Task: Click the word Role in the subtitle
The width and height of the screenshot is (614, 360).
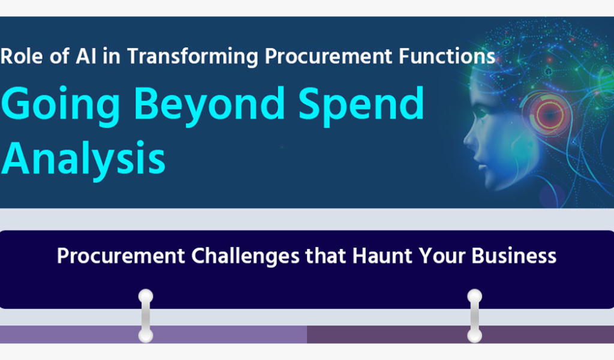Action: [x=22, y=56]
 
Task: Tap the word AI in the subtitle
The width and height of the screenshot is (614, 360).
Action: [x=86, y=56]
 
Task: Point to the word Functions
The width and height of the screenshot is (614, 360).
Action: [x=447, y=56]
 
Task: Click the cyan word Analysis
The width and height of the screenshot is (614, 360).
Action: [x=83, y=159]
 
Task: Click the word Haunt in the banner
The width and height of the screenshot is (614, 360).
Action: [x=382, y=256]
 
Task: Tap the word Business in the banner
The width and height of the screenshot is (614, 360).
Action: [x=514, y=256]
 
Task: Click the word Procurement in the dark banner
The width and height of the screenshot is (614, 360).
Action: [x=121, y=256]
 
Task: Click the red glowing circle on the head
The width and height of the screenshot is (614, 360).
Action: [x=549, y=115]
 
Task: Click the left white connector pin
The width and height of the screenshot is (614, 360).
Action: [x=146, y=316]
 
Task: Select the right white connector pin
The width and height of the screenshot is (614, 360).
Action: [x=475, y=316]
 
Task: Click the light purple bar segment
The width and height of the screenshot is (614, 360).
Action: [x=153, y=335]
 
